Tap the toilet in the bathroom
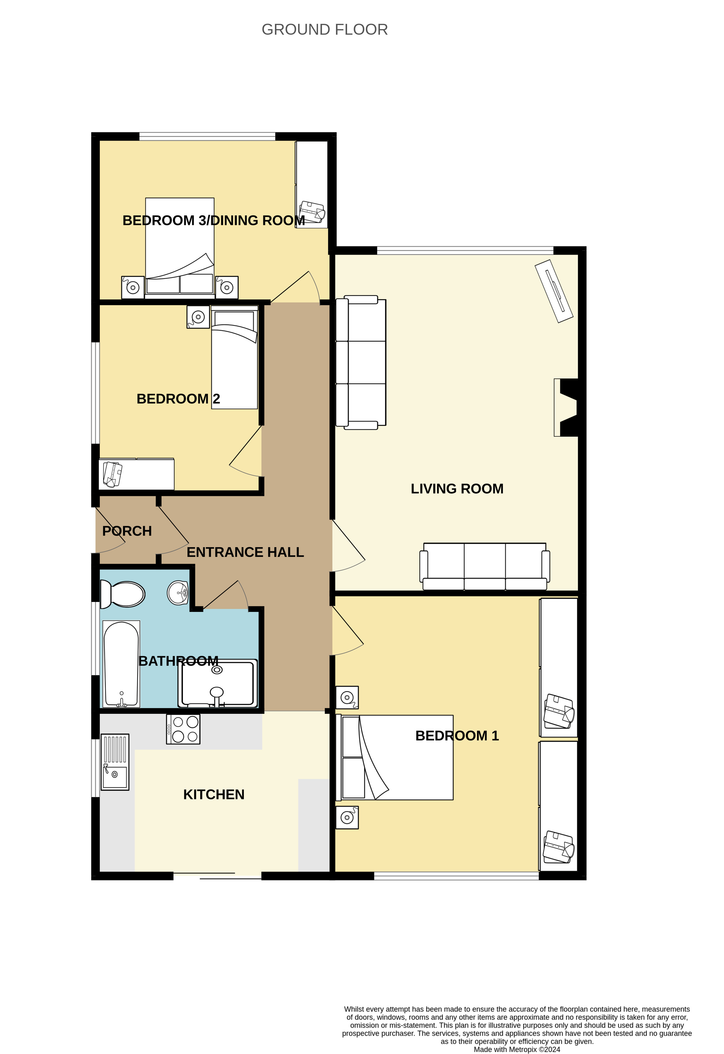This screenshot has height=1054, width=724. [x=122, y=594]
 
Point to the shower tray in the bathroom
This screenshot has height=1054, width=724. [x=218, y=683]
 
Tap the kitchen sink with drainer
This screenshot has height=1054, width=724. [x=115, y=762]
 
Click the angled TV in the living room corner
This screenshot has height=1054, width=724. [x=554, y=291]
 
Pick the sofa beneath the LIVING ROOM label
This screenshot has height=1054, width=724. [x=485, y=566]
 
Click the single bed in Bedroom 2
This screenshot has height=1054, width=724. [x=235, y=357]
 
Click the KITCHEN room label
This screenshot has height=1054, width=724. [x=214, y=795]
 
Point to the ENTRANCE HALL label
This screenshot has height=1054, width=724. [x=245, y=552]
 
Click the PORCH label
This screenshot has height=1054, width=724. [x=127, y=531]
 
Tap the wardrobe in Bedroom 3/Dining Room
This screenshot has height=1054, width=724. [x=312, y=185]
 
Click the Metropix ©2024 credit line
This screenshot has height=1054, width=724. [x=517, y=1049]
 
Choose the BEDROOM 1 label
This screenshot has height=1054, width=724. [x=457, y=736]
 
